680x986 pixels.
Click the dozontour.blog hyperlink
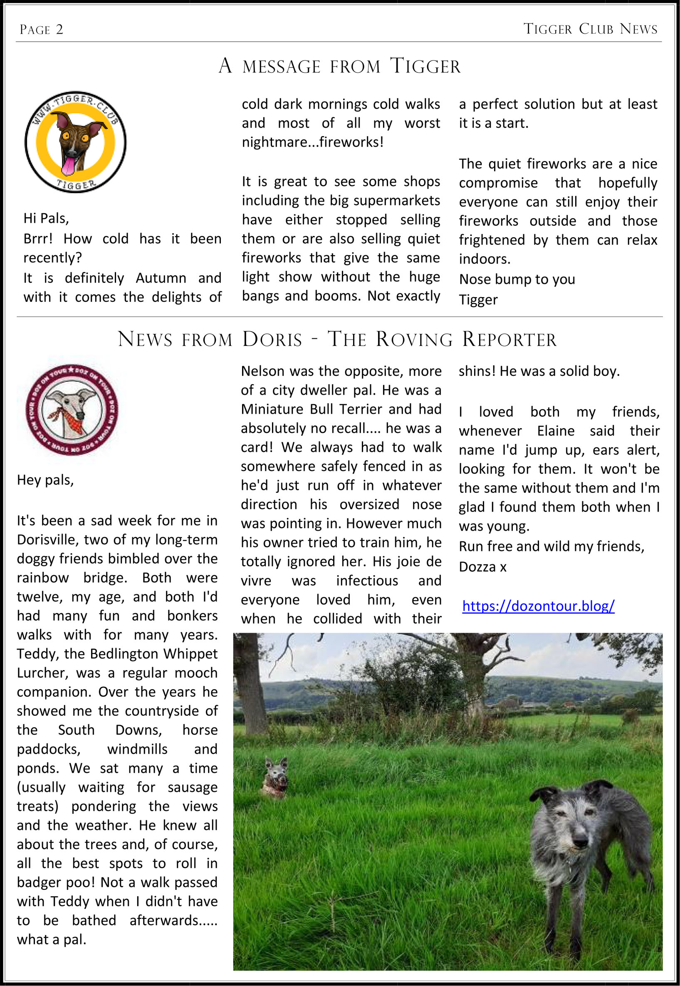(x=538, y=606)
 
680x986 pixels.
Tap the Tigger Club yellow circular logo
(x=75, y=142)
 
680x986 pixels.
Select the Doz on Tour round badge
(x=72, y=409)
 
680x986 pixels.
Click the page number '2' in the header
(x=59, y=30)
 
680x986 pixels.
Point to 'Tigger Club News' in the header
(x=590, y=29)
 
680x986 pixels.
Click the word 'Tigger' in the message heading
(x=425, y=66)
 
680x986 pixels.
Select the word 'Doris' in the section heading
(x=272, y=339)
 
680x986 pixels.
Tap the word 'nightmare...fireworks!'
(x=313, y=142)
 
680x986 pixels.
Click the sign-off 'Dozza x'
(x=482, y=567)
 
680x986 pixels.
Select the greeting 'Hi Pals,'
(x=46, y=218)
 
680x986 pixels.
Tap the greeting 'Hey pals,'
(x=45, y=480)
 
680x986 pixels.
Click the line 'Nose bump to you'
(x=517, y=279)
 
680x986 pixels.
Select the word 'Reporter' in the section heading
(x=509, y=339)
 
